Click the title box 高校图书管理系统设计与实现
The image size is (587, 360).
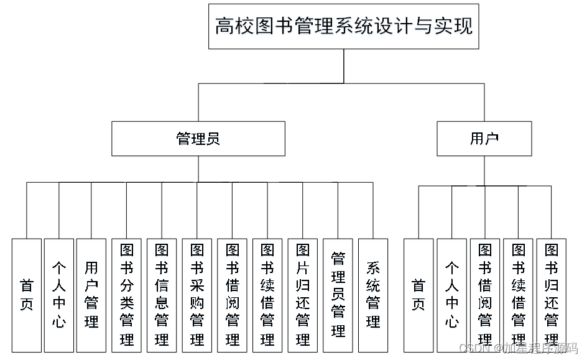(x=343, y=26)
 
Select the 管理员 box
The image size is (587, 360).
(x=198, y=139)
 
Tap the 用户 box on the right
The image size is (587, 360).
(x=484, y=139)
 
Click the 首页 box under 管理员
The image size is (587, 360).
(x=27, y=295)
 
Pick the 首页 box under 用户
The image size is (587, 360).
(x=418, y=295)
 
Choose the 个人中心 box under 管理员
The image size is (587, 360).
(x=59, y=295)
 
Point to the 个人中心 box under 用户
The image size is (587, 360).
(x=451, y=295)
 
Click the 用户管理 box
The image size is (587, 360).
(x=91, y=295)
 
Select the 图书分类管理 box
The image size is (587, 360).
(x=127, y=295)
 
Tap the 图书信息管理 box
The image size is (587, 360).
(x=162, y=295)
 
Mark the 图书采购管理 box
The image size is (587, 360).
(x=197, y=295)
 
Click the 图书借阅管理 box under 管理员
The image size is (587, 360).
(x=233, y=295)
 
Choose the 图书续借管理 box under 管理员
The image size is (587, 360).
(x=267, y=295)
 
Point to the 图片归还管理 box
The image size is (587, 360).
(x=303, y=295)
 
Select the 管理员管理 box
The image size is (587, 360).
(x=338, y=295)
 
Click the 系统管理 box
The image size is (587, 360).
(x=373, y=295)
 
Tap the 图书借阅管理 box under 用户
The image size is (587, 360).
(x=485, y=295)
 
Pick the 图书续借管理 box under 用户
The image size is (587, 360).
(x=518, y=295)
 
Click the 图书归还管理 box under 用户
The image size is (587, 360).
(x=551, y=295)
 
